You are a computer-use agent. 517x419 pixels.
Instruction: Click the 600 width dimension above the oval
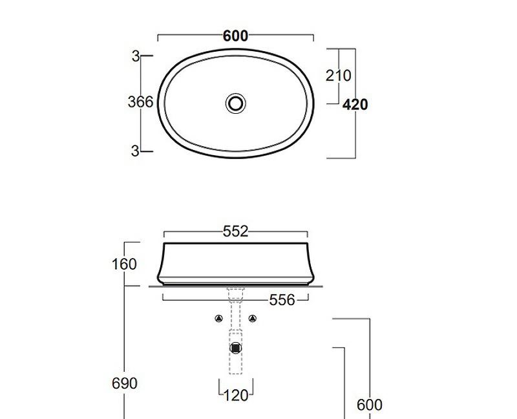[x=235, y=36]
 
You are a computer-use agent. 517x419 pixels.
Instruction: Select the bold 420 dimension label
[x=355, y=104]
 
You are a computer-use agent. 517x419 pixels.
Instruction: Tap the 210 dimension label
[x=339, y=76]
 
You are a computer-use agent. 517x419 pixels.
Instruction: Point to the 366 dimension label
[x=140, y=102]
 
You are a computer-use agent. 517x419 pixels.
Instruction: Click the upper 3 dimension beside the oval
[x=135, y=56]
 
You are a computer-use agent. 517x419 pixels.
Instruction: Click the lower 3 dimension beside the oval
[x=135, y=151]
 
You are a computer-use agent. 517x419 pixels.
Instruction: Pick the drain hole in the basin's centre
[x=236, y=102]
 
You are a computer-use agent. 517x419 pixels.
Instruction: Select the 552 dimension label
[x=235, y=231]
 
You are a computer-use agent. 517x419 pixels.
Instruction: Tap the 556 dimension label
[x=282, y=299]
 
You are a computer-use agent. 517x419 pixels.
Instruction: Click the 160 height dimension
[x=124, y=264]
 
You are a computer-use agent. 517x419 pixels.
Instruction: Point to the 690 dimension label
[x=124, y=383]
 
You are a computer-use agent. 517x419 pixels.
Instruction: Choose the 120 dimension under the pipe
[x=235, y=394]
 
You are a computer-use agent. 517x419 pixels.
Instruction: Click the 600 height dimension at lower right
[x=370, y=405]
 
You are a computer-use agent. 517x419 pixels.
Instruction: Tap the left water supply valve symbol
[x=219, y=318]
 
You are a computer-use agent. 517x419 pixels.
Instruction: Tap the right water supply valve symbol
[x=252, y=318]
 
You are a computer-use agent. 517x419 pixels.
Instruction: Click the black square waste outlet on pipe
[x=236, y=348]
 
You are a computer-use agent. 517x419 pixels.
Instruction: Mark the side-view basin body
[x=235, y=264]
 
